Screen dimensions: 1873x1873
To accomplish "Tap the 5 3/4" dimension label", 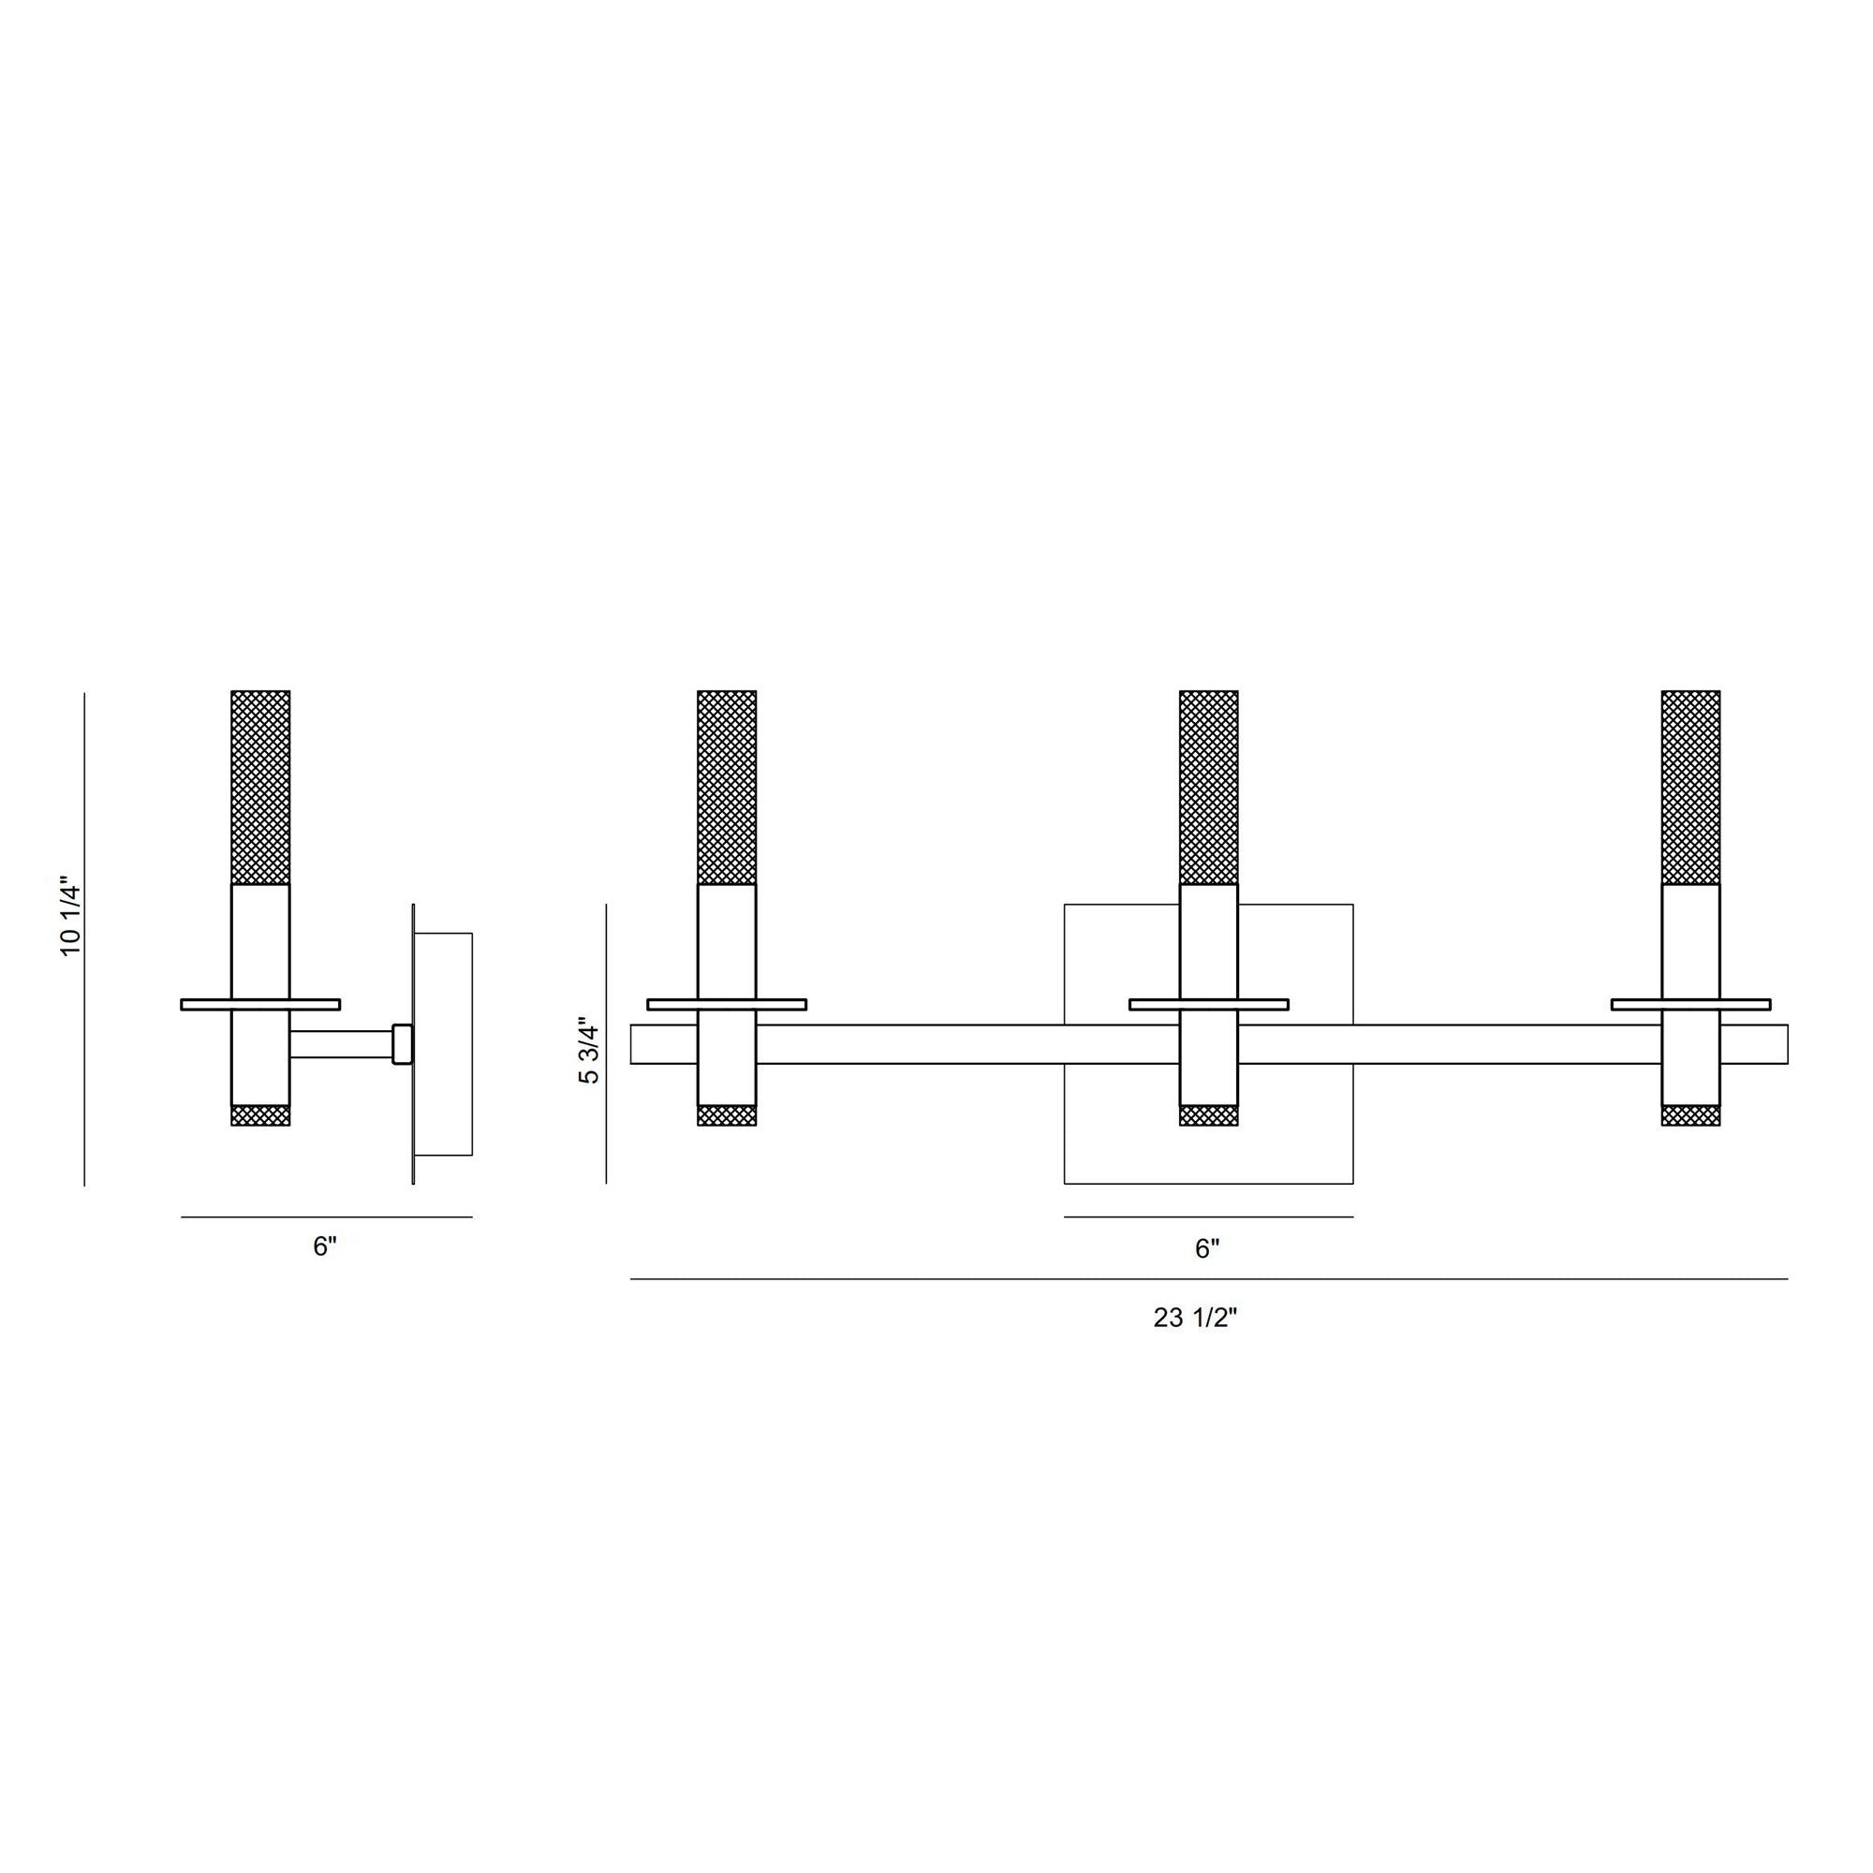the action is [x=588, y=1050].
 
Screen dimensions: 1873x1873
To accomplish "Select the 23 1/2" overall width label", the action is [x=1195, y=1318].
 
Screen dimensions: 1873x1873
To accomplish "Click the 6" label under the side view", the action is [x=325, y=1246].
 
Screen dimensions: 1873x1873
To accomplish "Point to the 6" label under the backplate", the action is [x=1207, y=1248].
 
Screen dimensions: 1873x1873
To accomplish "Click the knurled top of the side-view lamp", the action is [x=260, y=788].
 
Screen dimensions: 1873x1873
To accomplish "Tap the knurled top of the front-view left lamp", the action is [x=727, y=788].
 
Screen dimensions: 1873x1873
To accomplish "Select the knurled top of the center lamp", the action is [x=1209, y=788].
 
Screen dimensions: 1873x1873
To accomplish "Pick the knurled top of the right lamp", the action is [x=1690, y=788].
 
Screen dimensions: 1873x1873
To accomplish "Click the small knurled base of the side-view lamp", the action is [x=260, y=1114].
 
